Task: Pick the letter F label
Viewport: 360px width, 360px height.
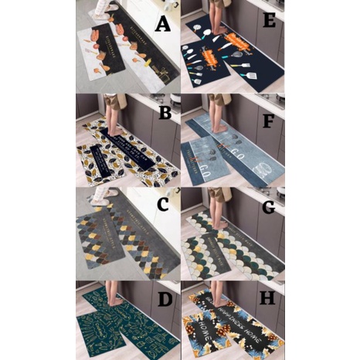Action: [x=270, y=121]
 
